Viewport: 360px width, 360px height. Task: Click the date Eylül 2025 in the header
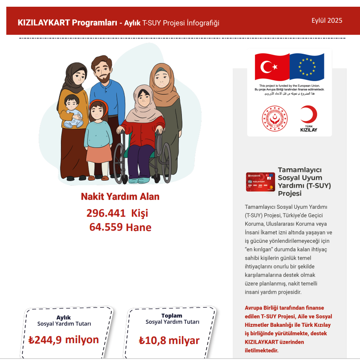pyautogui.click(x=327, y=21)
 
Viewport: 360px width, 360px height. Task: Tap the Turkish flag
pyautogui.click(x=272, y=67)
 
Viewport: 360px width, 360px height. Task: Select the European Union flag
pyautogui.click(x=307, y=67)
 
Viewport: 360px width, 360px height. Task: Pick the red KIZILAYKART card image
pyautogui.click(x=260, y=182)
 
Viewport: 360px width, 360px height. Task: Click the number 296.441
pyautogui.click(x=106, y=213)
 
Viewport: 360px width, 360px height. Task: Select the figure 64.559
pyautogui.click(x=106, y=227)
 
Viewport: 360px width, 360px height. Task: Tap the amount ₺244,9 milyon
pyautogui.click(x=64, y=339)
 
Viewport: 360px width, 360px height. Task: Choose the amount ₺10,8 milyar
pyautogui.click(x=169, y=340)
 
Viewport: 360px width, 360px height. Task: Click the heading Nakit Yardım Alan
pyautogui.click(x=120, y=197)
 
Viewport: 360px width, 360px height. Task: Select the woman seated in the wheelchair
pyautogui.click(x=143, y=126)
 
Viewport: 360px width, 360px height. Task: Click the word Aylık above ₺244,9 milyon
pyautogui.click(x=63, y=318)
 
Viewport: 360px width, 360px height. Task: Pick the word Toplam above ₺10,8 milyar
pyautogui.click(x=172, y=315)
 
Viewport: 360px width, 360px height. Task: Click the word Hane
pyautogui.click(x=139, y=227)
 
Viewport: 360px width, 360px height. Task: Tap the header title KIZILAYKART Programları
pyautogui.click(x=67, y=23)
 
